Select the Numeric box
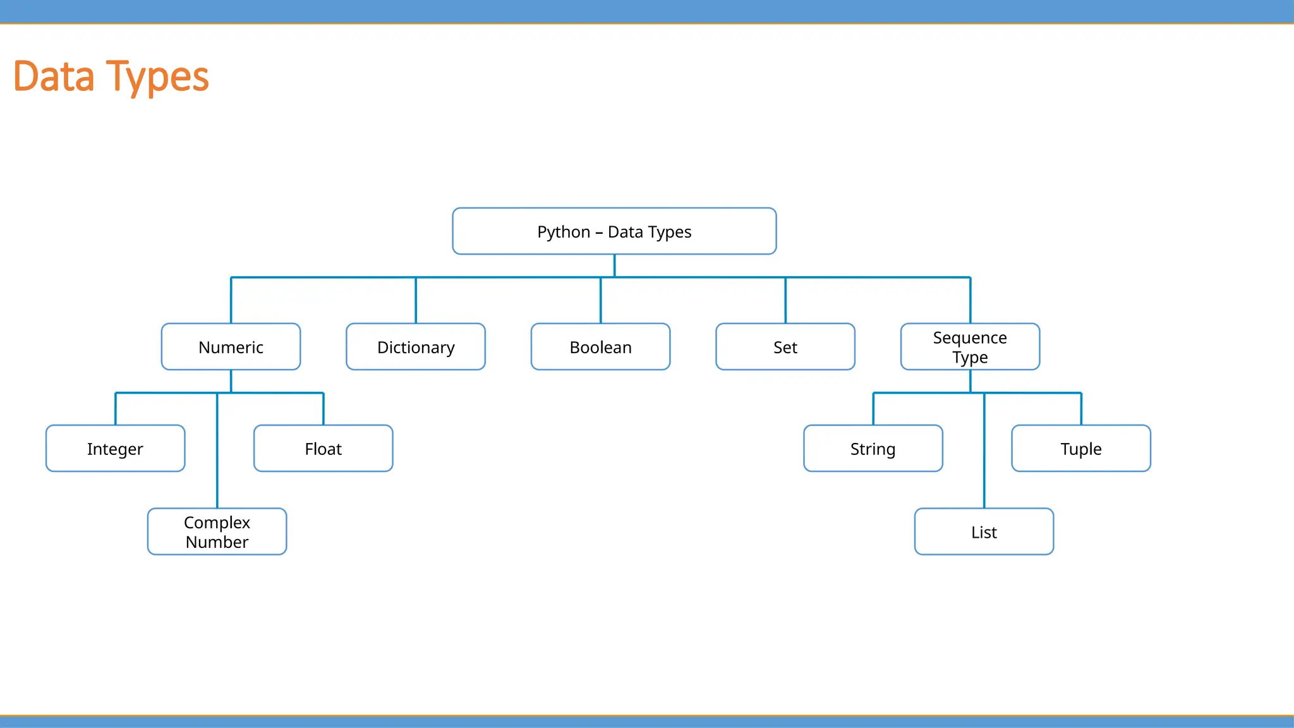coord(231,347)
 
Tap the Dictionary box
coord(416,347)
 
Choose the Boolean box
coord(600,347)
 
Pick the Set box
coord(785,347)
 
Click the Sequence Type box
coord(970,347)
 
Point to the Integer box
coord(115,449)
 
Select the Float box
coord(323,449)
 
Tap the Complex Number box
coord(217,532)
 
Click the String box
coord(873,449)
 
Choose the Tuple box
coord(1080,449)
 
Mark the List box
coord(984,532)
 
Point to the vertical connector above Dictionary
coord(416,301)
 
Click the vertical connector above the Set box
coord(785,301)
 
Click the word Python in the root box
coord(564,232)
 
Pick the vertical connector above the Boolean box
coord(601,301)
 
